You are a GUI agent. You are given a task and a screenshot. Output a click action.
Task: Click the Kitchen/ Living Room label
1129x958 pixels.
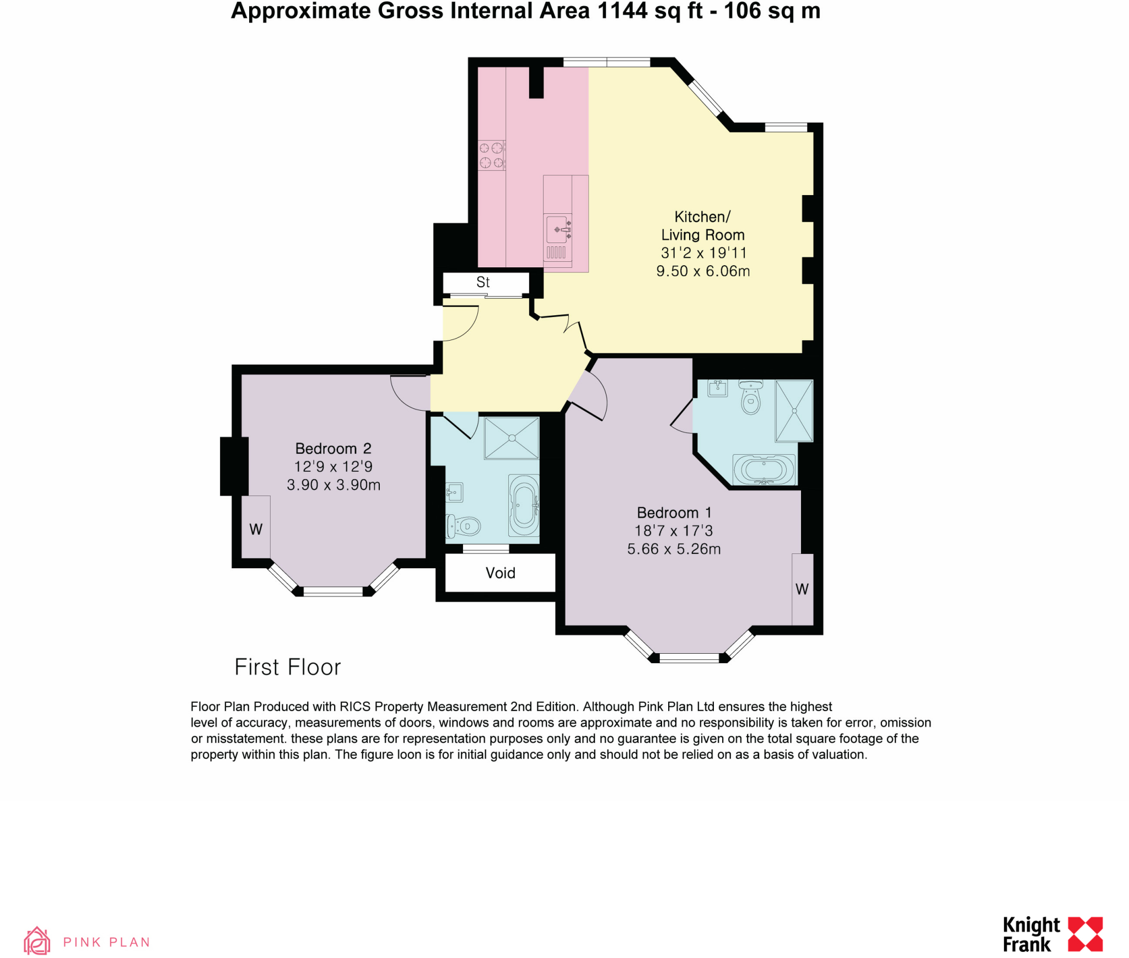point(702,226)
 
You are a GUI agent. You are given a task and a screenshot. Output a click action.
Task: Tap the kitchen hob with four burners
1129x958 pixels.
point(491,155)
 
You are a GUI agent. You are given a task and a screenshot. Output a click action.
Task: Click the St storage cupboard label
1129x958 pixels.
point(483,282)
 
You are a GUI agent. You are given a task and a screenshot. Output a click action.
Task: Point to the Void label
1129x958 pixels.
point(500,573)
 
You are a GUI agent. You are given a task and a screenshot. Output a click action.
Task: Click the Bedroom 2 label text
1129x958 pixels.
point(333,448)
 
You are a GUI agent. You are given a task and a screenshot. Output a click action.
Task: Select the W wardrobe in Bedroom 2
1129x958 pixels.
point(256,528)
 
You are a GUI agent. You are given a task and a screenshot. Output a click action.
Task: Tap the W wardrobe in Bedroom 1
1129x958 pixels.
point(802,589)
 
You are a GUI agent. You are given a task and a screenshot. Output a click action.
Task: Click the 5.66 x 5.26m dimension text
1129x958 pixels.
point(674,548)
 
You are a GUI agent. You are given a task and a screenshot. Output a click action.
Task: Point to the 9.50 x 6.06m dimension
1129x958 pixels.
point(702,271)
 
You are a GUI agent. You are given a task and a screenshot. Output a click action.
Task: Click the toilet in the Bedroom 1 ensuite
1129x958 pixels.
point(751,397)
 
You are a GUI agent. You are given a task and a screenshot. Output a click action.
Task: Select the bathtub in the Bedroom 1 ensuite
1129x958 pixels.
point(764,470)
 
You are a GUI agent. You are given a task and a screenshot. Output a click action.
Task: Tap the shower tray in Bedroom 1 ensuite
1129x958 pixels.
point(794,411)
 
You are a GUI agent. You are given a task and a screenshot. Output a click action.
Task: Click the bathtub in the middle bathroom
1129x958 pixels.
point(524,505)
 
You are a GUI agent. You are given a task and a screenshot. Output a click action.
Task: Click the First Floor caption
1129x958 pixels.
point(287,667)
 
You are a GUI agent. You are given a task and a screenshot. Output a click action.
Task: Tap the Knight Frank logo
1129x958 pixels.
point(1052,934)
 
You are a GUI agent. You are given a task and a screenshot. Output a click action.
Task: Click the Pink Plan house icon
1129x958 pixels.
point(37,940)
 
